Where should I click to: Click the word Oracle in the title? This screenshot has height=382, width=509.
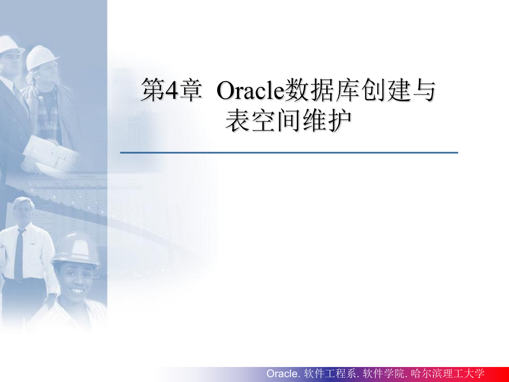pos(250,91)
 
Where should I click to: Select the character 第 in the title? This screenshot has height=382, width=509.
pos(153,90)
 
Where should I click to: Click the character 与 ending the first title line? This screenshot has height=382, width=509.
pos(423,90)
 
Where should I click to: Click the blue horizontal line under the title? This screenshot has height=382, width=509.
pos(289,152)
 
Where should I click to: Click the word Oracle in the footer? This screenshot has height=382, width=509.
pos(282,374)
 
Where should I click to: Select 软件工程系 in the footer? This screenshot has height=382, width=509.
pos(330,374)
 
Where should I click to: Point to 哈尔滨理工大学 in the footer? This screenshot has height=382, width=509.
pos(447,374)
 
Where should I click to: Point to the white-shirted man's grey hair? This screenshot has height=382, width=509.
pos(23,203)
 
